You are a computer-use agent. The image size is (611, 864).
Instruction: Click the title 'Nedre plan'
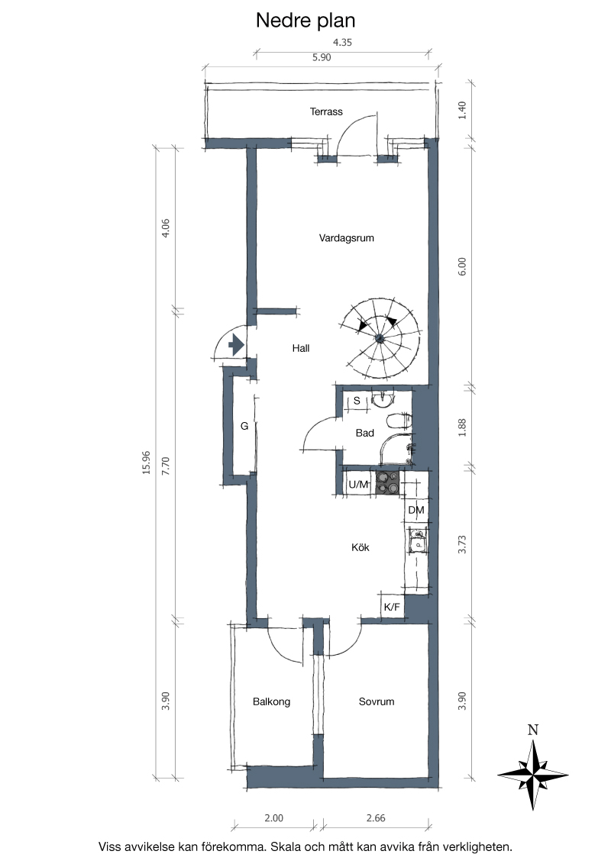305,21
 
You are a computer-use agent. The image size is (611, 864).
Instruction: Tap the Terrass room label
326,112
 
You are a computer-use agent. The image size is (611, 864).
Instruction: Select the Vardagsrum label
346,238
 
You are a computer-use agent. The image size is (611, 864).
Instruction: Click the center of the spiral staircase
380,338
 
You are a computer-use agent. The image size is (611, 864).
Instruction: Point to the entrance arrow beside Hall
237,345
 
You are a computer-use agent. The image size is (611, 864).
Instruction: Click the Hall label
301,348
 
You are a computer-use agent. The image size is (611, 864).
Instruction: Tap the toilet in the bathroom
399,421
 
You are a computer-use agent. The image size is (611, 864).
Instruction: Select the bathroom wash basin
382,399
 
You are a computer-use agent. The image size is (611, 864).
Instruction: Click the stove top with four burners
388,483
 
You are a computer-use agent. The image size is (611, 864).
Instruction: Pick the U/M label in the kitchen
358,485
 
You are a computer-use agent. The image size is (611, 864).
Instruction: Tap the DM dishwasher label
416,511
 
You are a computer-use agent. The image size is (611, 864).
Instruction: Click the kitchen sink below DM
418,540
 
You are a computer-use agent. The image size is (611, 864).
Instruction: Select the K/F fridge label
392,608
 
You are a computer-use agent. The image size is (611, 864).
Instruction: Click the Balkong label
271,701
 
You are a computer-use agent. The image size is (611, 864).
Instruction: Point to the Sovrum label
377,701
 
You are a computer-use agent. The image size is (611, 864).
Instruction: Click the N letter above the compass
532,730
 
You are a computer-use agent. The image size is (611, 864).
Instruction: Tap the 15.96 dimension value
146,463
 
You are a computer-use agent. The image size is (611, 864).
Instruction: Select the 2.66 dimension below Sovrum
376,818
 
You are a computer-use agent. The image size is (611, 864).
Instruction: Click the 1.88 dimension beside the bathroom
462,427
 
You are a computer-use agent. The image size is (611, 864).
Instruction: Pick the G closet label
244,426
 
